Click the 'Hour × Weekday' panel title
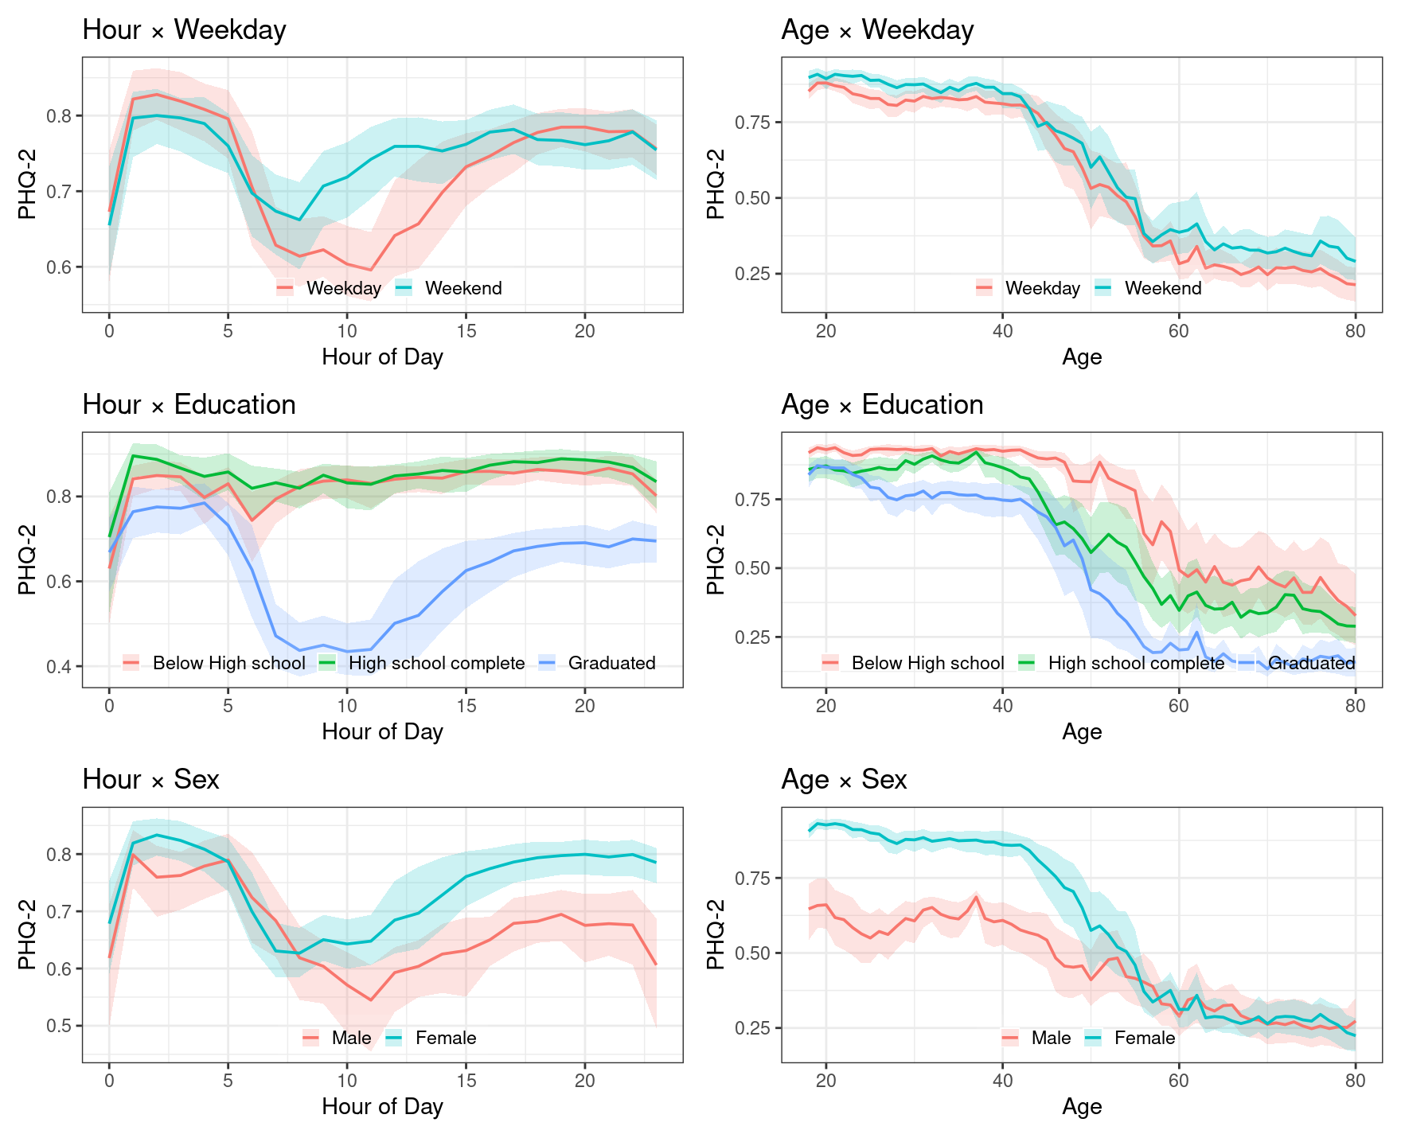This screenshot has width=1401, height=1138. [x=184, y=30]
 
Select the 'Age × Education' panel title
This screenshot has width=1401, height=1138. [x=882, y=405]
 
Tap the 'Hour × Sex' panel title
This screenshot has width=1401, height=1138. [x=150, y=780]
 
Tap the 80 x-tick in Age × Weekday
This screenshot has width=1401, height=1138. [x=1355, y=331]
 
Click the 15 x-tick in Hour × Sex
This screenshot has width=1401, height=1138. [x=466, y=1081]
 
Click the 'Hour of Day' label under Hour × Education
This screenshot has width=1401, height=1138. [x=382, y=731]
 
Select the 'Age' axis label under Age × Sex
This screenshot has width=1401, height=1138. [x=1082, y=1106]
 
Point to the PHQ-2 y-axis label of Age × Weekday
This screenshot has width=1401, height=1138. [x=716, y=185]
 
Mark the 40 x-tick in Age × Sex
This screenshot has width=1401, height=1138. [x=1003, y=1081]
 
